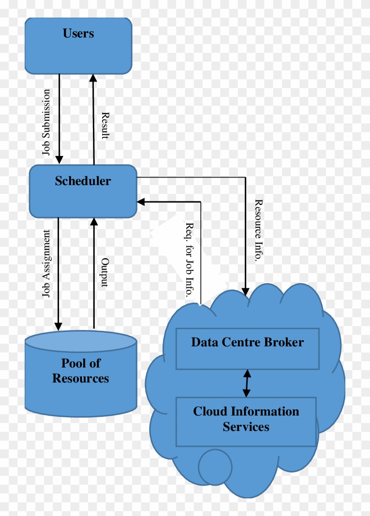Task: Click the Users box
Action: tap(78, 46)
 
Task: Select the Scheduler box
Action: tap(83, 191)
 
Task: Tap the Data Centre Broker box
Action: tap(248, 349)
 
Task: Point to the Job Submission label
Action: tap(46, 122)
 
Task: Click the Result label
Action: tap(105, 126)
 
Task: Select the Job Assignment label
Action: tap(46, 264)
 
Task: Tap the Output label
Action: tap(105, 272)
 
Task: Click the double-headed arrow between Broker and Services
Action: tap(247, 383)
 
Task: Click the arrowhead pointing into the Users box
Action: tap(93, 78)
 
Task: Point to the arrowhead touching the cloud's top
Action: tap(245, 291)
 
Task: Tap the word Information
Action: tap(264, 412)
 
